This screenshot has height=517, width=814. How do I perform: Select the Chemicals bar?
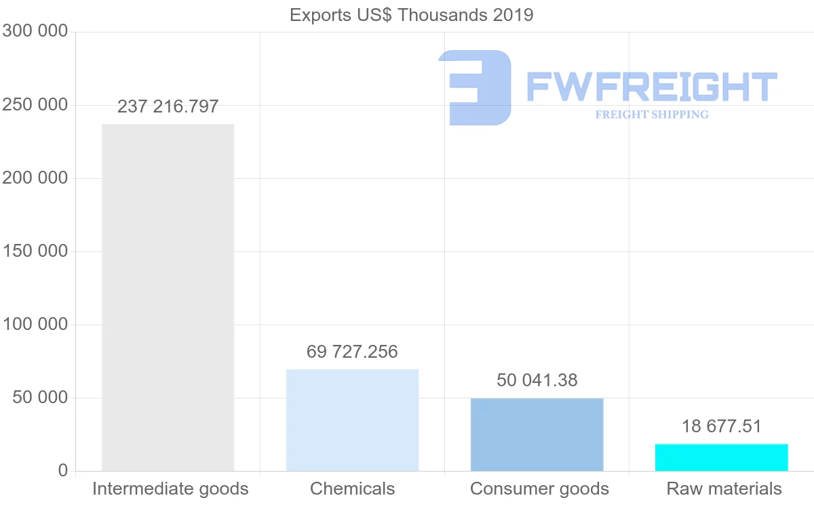coord(352,420)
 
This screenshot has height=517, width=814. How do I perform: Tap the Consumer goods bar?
coord(537,434)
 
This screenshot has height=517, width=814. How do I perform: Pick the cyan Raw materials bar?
coord(721,457)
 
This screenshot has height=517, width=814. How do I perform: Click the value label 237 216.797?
coord(168,106)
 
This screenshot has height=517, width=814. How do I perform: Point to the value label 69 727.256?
coord(352,352)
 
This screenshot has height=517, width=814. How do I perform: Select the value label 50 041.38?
coord(537,380)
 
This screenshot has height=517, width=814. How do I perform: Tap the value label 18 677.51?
coord(721,426)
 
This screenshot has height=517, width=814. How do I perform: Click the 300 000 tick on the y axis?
coord(35,31)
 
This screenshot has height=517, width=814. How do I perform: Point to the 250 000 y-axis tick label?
coord(35,105)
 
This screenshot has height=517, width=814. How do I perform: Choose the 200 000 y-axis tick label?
coord(35,178)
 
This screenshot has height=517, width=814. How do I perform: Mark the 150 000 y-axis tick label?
coord(35,251)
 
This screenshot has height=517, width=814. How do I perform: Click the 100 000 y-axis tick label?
coord(35,325)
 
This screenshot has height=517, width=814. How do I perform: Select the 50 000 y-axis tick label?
coord(41,398)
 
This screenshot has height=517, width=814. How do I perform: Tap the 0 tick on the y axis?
coord(63,471)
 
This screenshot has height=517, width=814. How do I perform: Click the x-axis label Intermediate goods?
coord(170,489)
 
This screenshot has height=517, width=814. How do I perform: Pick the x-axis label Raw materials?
coord(724,489)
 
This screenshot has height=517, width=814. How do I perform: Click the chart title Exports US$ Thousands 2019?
coord(411,15)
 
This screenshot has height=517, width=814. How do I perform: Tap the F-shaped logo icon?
coord(475,87)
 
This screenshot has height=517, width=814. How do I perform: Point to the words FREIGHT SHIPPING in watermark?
coord(652,115)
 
